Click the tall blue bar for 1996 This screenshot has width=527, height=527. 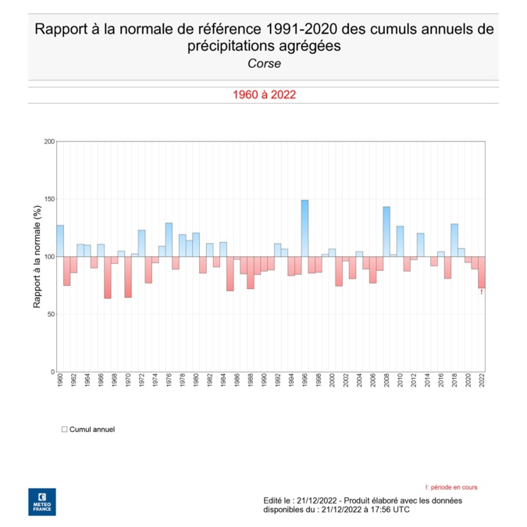click(x=304, y=228)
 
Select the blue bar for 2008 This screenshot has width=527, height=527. click(x=386, y=231)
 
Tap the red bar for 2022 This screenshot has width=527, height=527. click(x=482, y=272)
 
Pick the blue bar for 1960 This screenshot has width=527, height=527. click(x=60, y=240)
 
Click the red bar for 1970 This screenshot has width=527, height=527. click(x=128, y=276)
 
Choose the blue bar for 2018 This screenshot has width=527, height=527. click(x=454, y=240)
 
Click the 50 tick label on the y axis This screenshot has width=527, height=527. click(x=51, y=315)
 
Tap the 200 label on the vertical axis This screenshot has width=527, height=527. click(x=49, y=141)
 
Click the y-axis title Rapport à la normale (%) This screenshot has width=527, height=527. click(x=37, y=257)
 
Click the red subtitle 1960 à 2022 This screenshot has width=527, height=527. click(x=263, y=94)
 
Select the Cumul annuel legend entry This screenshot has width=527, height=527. click(x=88, y=429)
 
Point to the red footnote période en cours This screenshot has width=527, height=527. click(x=450, y=487)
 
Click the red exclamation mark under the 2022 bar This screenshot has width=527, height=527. click(x=482, y=292)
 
